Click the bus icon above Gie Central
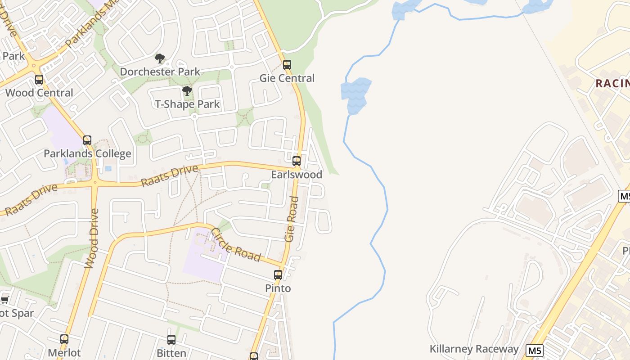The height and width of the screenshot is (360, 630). tap(287, 64)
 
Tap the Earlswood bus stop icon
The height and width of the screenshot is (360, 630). tap(296, 161)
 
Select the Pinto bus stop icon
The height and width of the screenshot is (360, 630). tap(278, 274)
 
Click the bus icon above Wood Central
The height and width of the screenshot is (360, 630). tap(39, 80)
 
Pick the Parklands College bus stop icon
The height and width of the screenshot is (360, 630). tap(87, 140)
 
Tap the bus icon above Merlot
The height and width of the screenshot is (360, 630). tap(64, 339)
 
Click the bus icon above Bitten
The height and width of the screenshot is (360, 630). tap(171, 339)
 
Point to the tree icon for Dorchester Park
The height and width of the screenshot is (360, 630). tap(159, 58)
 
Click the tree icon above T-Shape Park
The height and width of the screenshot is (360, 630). tap(187, 91)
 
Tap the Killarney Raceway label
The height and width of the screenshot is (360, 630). tap(474, 349)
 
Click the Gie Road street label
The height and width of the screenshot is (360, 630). tap(292, 219)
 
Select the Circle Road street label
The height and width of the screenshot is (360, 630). tap(236, 245)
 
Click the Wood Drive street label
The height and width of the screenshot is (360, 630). tap(91, 238)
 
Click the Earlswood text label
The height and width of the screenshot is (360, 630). tap(297, 174)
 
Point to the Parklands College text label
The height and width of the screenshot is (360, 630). tap(87, 153)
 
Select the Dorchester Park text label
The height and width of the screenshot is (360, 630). tap(160, 72)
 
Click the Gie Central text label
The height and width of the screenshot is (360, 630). tap(287, 78)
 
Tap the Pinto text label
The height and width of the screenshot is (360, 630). tap(278, 288)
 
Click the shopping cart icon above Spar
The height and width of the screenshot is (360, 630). tap(4, 300)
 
